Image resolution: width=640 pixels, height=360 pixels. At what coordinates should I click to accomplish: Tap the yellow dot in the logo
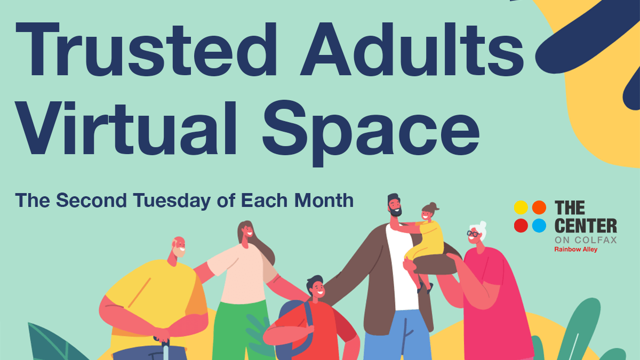tap(521, 207)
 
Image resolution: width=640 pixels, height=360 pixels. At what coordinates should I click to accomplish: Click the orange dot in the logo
tap(539, 207)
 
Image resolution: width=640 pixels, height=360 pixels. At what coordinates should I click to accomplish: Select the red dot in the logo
tap(521, 226)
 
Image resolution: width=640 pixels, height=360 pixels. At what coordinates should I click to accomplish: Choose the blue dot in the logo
tap(539, 226)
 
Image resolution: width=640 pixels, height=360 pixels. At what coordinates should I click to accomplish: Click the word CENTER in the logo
tap(586, 226)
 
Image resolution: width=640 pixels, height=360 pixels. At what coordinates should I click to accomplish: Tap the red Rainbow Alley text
tap(575, 249)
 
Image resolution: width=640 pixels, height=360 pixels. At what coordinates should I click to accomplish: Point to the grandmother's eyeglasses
tap(473, 233)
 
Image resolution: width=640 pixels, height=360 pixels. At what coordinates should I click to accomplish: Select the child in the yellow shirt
tap(427, 235)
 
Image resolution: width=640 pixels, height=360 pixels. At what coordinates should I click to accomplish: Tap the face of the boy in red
tap(316, 290)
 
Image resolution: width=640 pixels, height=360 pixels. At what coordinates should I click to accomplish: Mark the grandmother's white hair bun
tap(482, 225)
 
